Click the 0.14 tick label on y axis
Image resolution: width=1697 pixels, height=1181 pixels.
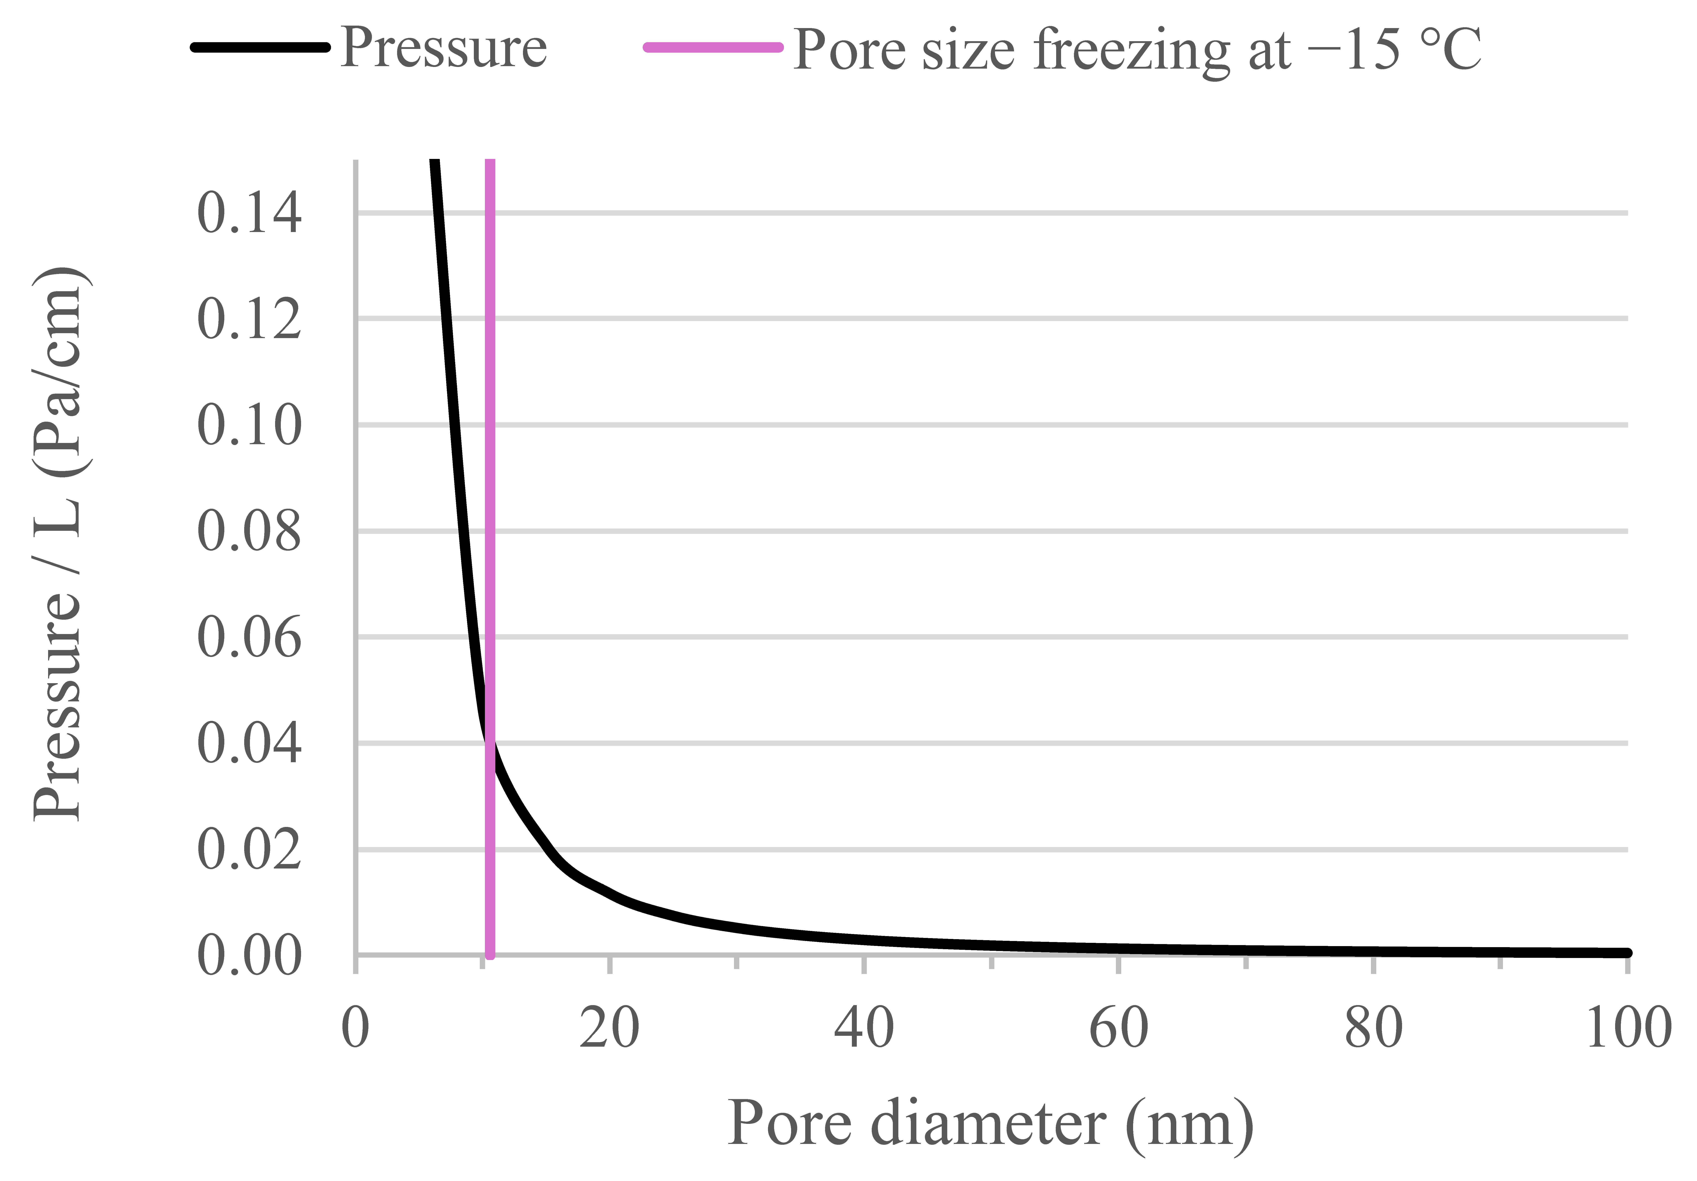click(x=249, y=214)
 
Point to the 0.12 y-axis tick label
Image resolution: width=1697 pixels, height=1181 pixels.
click(x=249, y=319)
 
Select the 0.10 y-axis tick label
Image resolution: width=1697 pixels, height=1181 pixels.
click(x=249, y=426)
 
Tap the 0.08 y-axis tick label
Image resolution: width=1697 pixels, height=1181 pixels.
click(x=249, y=532)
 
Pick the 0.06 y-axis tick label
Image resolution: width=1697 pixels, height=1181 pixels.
click(x=249, y=637)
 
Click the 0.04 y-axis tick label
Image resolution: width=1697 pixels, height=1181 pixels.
click(x=249, y=743)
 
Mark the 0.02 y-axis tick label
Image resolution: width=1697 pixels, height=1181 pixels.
click(x=249, y=850)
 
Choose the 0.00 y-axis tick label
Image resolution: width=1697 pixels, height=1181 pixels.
click(x=249, y=956)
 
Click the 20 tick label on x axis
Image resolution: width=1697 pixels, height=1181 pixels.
click(x=609, y=1028)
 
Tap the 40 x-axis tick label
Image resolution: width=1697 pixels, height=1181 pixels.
click(x=863, y=1028)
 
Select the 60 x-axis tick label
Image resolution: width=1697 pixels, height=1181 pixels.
click(x=1118, y=1028)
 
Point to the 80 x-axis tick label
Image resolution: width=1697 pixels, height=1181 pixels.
click(x=1373, y=1028)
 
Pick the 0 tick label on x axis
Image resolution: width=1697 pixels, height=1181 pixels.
click(x=356, y=1028)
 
